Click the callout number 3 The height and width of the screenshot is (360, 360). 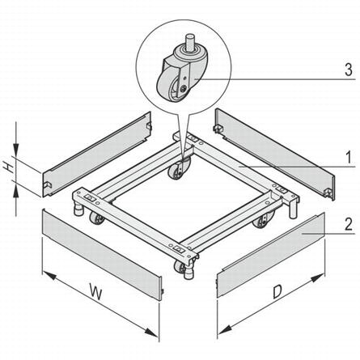[x=349, y=70]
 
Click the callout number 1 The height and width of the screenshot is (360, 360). [x=349, y=157]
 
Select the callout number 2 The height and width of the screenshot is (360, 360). [x=349, y=224]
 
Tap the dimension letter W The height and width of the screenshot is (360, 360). [x=96, y=292]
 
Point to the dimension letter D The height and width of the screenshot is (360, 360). [x=277, y=292]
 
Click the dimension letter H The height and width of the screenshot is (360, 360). [x=10, y=167]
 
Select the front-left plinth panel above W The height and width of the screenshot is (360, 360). [x=102, y=254]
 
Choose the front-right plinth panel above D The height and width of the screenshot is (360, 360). [x=271, y=256]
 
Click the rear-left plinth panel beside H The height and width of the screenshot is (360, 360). [x=95, y=155]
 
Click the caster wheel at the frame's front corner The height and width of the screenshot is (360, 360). [x=180, y=268]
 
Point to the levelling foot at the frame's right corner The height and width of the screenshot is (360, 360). [x=293, y=210]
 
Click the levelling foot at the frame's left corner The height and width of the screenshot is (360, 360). [x=78, y=209]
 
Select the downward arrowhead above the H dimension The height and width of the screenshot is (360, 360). [x=16, y=150]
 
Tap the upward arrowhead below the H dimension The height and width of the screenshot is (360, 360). [x=16, y=193]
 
